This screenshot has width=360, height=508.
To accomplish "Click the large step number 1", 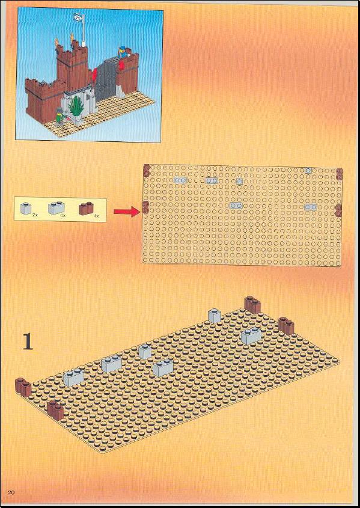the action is point(28,342).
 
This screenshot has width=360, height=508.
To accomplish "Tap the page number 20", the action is point(11,492).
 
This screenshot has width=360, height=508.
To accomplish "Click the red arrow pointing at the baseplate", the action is point(127,212).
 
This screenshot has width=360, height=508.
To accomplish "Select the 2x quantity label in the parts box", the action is point(35,215).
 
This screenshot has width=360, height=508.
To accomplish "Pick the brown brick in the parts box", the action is point(86,209).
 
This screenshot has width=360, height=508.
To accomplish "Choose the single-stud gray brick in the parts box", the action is point(25,208).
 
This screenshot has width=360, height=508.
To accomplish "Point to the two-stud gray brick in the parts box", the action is point(56,207).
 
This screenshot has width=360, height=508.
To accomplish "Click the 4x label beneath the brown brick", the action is point(96,215).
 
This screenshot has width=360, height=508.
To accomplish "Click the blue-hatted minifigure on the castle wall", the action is point(123,52).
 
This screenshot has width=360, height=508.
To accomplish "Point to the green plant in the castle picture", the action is point(77,106).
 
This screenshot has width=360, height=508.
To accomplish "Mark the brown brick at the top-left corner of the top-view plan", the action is point(146,170).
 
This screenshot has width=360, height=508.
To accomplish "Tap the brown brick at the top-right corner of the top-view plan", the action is point(339,174).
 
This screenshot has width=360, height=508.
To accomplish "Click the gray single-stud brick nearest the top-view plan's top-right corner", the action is point(308,170).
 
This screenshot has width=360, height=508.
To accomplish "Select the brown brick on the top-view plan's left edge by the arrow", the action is point(145,207).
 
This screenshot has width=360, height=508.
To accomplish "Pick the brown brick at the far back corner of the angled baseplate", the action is point(252,305).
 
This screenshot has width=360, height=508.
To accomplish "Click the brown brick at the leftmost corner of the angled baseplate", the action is point(23,387).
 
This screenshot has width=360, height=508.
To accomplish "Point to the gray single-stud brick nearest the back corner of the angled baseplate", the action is point(215,316).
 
